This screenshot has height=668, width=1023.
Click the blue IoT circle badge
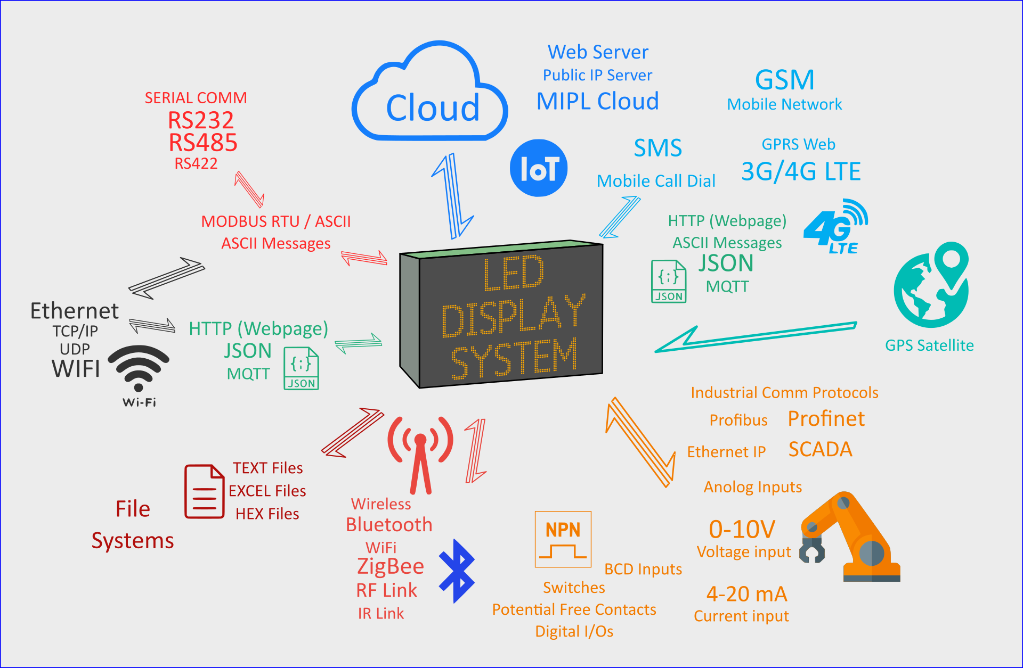539,168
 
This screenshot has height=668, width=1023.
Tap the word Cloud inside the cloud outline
432,108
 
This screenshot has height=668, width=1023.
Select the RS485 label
203,143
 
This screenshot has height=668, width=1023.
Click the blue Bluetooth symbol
457,571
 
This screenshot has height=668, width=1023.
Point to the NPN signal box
563,539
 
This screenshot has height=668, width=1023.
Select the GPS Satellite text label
929,345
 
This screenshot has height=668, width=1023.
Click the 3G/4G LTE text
801,171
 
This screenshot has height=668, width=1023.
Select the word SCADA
820,449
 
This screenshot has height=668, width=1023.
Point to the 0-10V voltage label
742,530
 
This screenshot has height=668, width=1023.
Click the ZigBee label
391,566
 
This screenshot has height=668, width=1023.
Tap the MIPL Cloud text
597,101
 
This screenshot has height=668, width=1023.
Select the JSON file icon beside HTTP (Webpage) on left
301,368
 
